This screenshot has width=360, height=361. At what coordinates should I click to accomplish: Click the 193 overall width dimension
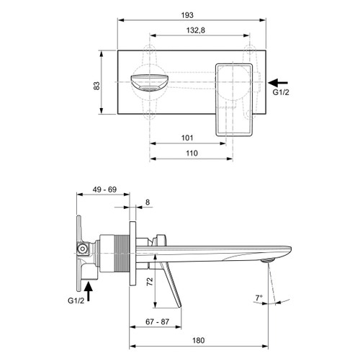[187, 15]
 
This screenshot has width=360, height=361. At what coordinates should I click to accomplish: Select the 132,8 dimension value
[196, 30]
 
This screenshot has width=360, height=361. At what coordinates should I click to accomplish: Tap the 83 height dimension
[96, 86]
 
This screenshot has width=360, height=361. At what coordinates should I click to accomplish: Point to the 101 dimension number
[187, 138]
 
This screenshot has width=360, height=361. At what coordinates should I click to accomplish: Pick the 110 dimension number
[192, 153]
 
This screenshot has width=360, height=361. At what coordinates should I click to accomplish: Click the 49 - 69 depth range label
[104, 190]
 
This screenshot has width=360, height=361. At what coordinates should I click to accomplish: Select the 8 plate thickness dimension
[148, 202]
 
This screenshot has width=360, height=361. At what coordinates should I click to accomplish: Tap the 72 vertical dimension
[150, 282]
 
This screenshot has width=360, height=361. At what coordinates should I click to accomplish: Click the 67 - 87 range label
[158, 321]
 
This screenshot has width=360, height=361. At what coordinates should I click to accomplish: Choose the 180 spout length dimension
[199, 340]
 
